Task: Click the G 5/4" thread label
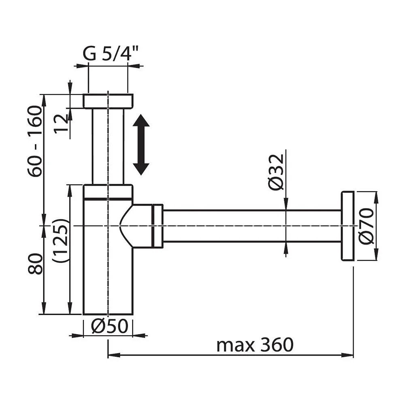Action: (110, 53)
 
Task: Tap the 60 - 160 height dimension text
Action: (35, 141)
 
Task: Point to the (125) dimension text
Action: (60, 241)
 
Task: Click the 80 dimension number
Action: (35, 264)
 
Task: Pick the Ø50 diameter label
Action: (110, 326)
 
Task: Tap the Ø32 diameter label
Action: (276, 172)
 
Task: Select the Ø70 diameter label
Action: (367, 226)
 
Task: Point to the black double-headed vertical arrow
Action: (141, 145)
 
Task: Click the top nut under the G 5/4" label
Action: (108, 101)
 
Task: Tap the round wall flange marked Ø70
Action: (347, 226)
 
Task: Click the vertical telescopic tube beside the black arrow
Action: (108, 147)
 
